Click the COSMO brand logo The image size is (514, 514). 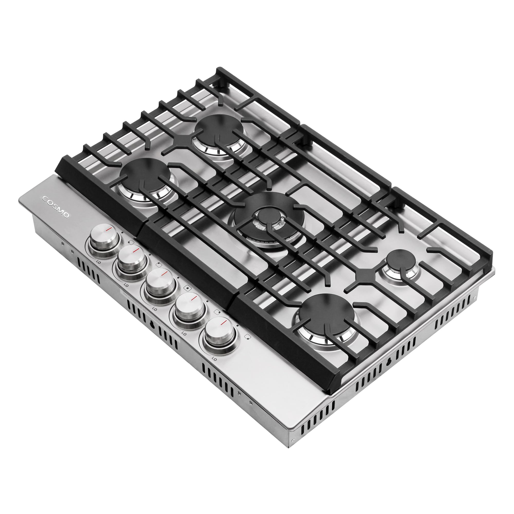(x=56, y=207)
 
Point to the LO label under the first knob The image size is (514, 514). (x=99, y=262)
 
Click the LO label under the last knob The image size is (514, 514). (x=214, y=359)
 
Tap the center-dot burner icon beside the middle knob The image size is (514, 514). (x=188, y=288)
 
